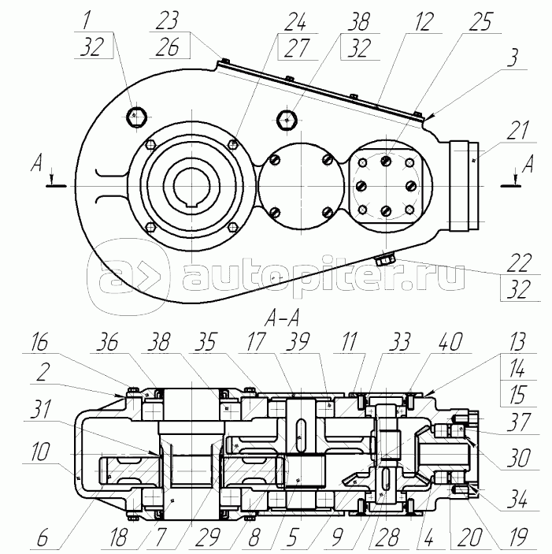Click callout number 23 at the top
coord(167,21)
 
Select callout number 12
coord(424,22)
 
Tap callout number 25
coord(480,22)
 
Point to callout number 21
coord(518,130)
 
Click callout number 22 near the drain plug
coord(519,263)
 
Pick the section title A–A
coord(282,318)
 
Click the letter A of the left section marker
coord(36,164)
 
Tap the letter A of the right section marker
coord(527,164)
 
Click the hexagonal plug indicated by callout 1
coord(136,117)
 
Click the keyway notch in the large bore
coord(191,204)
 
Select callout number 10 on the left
coord(39,452)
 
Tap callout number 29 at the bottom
coord(208,537)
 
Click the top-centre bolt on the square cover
coord(387,161)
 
